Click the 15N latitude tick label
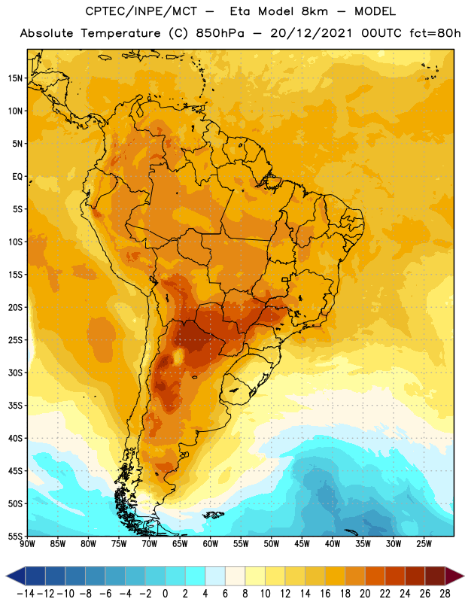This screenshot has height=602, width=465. (x=15, y=78)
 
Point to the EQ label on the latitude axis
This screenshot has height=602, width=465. (x=17, y=177)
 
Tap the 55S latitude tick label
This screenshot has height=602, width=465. (x=15, y=536)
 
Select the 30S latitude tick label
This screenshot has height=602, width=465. (x=15, y=372)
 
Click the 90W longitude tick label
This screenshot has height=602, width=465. (x=28, y=544)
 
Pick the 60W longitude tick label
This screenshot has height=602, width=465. (x=211, y=544)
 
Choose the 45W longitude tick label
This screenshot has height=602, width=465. (x=302, y=544)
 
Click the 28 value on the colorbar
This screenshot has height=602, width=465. (x=445, y=594)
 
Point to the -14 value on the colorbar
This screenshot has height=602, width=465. (x=26, y=594)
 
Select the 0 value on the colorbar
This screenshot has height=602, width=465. (x=165, y=594)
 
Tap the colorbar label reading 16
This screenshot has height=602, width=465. (x=325, y=594)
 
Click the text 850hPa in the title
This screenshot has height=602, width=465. (x=220, y=33)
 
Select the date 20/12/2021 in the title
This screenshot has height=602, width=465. (x=311, y=33)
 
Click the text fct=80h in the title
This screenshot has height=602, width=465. (x=435, y=33)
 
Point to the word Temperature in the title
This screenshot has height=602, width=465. (x=120, y=33)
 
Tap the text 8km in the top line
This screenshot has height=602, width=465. (x=315, y=11)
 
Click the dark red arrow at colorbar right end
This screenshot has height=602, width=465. (x=454, y=576)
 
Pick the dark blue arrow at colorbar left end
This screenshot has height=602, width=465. (x=15, y=576)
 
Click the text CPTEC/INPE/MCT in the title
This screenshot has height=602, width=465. (x=141, y=11)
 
